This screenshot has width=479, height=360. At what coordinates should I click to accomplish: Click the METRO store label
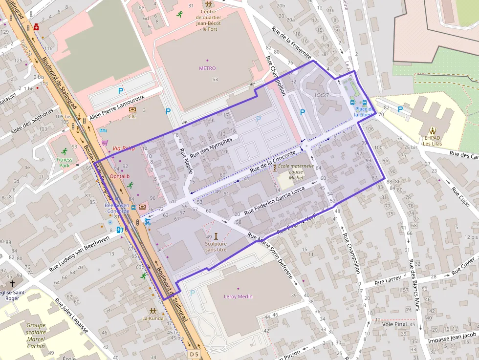click(207, 68)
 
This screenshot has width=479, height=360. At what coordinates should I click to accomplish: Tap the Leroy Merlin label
click(238, 296)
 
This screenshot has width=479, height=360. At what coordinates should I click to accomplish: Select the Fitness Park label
click(64, 162)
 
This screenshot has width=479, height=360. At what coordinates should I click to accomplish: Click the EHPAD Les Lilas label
click(433, 140)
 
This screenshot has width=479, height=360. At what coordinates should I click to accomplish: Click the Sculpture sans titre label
click(216, 246)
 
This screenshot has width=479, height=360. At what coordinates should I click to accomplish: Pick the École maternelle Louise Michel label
click(296, 172)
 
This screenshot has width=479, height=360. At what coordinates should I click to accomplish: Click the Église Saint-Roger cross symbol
click(12, 283)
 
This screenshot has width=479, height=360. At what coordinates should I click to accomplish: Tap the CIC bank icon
click(132, 109)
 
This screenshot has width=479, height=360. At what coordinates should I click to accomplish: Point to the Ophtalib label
click(120, 176)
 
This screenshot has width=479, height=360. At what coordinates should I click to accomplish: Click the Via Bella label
click(123, 148)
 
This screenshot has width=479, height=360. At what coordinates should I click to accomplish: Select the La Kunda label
click(153, 318)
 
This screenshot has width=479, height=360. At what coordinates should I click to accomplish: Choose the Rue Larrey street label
click(388, 280)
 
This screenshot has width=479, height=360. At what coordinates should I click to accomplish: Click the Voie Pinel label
click(395, 324)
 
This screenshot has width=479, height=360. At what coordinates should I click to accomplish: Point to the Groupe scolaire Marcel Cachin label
click(36, 336)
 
